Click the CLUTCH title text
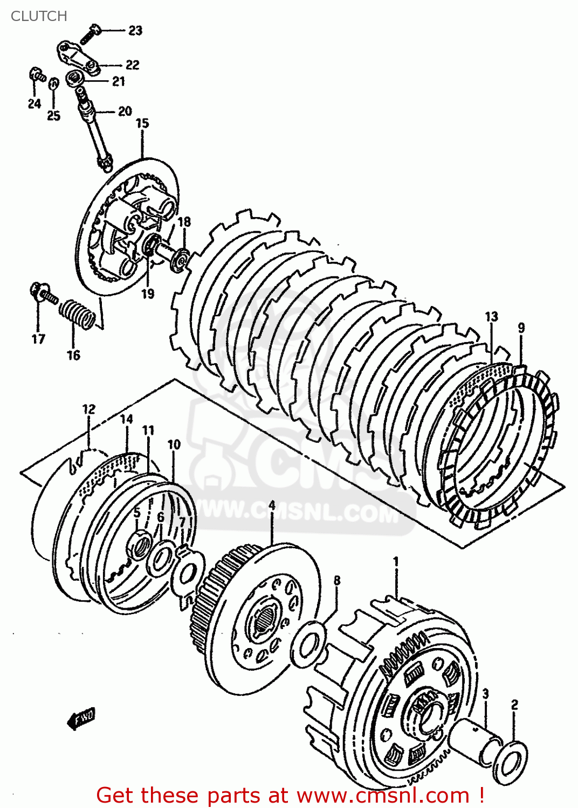click(39, 16)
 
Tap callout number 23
click(135, 31)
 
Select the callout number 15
click(142, 123)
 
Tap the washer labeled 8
click(308, 644)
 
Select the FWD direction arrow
click(81, 719)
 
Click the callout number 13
click(491, 317)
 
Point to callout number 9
click(521, 328)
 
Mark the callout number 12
click(89, 409)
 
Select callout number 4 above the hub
click(272, 505)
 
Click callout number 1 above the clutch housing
click(396, 562)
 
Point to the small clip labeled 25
click(53, 84)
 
